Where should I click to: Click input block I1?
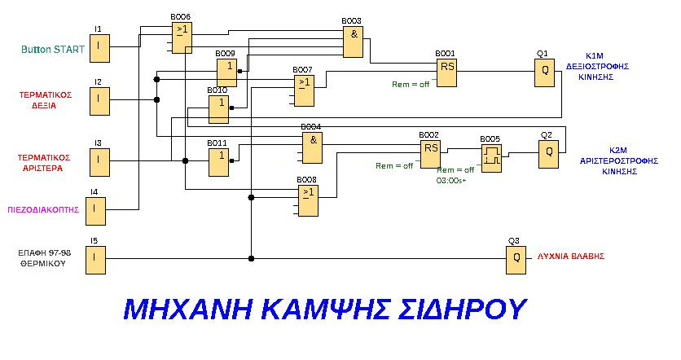pos(99,46)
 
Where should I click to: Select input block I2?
pos(99,99)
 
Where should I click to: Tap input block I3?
pos(99,160)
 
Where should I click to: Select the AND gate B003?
pos(354,42)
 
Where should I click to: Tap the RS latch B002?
pos(430,153)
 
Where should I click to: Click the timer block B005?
pos(491,156)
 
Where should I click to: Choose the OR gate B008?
pos(307,200)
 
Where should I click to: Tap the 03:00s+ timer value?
pos(452,180)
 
